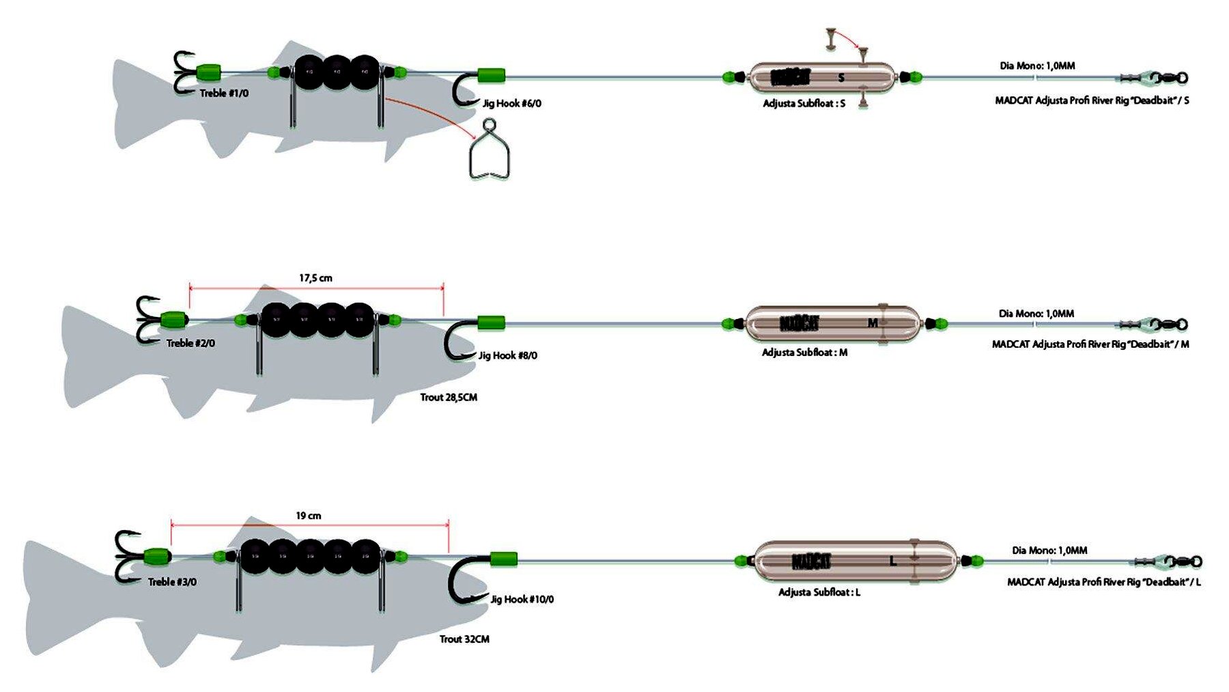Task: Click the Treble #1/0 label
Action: click(224, 94)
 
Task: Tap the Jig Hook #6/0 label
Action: click(512, 104)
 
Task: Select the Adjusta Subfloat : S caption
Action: click(804, 104)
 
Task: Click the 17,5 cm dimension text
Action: click(315, 278)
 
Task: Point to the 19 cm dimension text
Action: click(309, 516)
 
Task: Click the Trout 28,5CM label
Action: click(449, 398)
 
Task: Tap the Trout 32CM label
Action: click(464, 639)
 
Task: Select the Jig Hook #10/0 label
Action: click(522, 600)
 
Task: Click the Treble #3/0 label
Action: click(172, 582)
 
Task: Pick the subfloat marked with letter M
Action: click(832, 324)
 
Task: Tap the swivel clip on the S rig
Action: click(1155, 78)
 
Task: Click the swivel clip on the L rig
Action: click(1168, 562)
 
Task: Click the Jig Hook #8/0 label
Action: click(508, 356)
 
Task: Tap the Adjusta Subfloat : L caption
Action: click(819, 592)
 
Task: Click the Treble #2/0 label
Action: click(190, 344)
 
